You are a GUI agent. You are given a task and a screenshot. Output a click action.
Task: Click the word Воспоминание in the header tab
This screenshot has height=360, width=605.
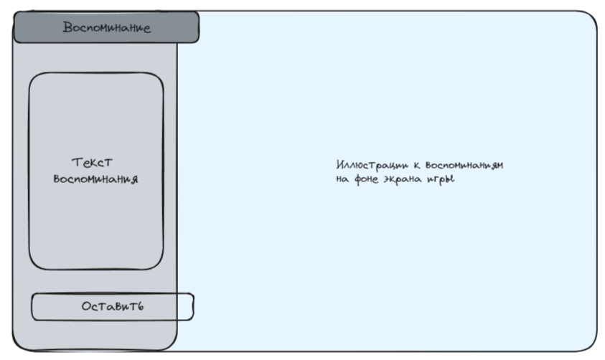(106, 28)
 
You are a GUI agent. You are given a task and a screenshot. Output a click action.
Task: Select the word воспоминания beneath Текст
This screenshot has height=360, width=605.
(95, 179)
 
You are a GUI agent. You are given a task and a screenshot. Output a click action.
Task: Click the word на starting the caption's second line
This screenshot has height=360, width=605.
(342, 179)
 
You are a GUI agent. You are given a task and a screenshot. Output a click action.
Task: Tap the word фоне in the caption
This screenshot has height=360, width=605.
(365, 179)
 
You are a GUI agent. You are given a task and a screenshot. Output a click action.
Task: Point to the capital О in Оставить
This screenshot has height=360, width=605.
(86, 306)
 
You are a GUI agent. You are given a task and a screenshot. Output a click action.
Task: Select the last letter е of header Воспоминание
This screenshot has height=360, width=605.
(146, 29)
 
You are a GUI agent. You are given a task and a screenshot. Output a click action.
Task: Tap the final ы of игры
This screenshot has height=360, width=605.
(451, 179)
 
